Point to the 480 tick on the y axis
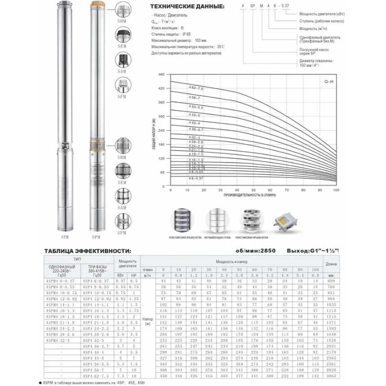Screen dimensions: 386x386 point(161,75)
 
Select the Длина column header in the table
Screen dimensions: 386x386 point(331,264)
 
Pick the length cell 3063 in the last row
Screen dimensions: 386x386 point(331,376)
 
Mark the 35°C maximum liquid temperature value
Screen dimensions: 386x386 point(221,47)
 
